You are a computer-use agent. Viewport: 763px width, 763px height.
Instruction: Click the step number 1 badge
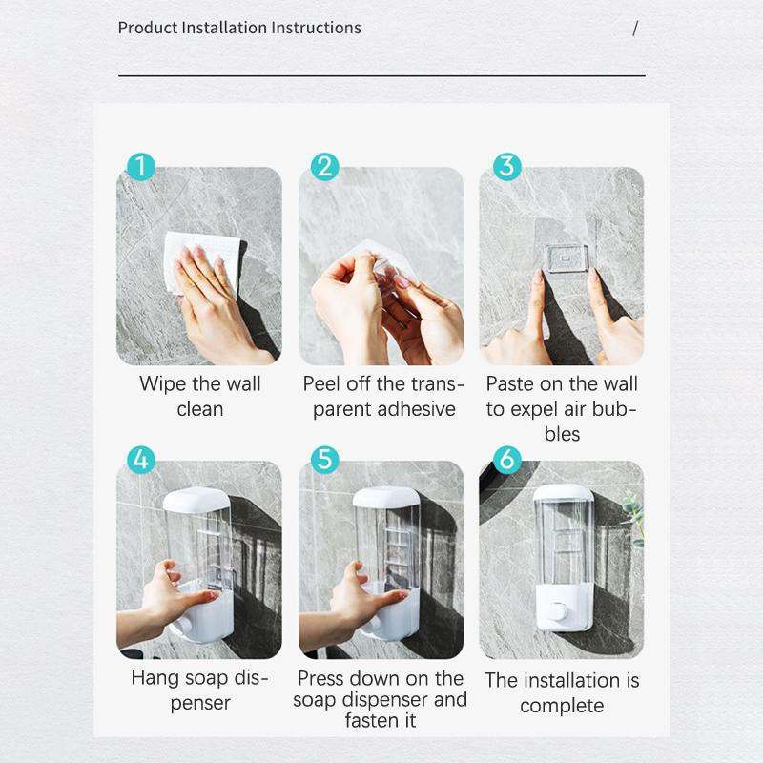[141, 167]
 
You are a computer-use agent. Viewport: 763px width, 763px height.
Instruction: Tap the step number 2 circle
[324, 167]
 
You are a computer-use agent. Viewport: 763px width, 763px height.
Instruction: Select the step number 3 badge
[506, 166]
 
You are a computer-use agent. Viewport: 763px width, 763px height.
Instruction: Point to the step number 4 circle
[141, 460]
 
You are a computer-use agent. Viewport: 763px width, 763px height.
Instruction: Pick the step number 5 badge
[324, 460]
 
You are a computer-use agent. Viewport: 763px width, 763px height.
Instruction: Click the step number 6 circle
[506, 460]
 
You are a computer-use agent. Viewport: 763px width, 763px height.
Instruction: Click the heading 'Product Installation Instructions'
[239, 28]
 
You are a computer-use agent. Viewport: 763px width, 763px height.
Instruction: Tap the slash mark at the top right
[635, 29]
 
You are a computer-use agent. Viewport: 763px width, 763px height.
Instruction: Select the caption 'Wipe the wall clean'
[199, 396]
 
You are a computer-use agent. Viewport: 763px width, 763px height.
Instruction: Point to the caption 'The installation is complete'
[562, 692]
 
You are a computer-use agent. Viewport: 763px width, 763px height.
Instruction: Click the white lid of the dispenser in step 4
[196, 499]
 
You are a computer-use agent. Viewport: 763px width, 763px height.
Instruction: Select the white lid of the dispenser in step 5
[385, 499]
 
